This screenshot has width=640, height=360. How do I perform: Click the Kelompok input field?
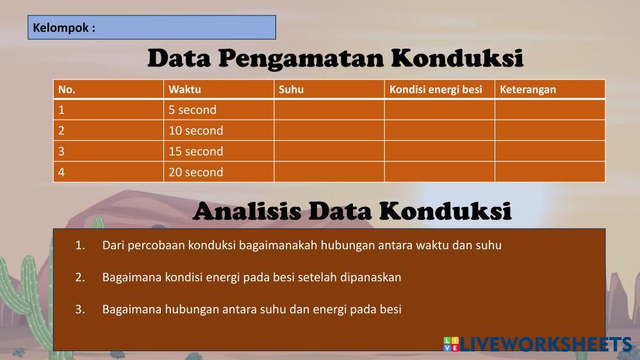click(152, 28)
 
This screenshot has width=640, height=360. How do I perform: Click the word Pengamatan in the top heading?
click(301, 58)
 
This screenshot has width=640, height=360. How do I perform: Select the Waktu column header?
click(218, 90)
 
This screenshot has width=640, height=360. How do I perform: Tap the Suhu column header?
click(329, 90)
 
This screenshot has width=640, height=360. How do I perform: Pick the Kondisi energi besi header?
click(439, 90)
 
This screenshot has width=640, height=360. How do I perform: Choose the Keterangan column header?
click(550, 90)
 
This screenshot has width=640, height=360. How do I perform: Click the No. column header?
click(108, 90)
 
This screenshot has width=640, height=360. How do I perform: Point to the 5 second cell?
click(218, 110)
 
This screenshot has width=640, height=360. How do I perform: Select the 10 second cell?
click(218, 131)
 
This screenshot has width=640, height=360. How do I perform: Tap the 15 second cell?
click(218, 151)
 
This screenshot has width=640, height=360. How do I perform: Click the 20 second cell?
click(218, 172)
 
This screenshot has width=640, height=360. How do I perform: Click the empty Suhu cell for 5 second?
click(329, 110)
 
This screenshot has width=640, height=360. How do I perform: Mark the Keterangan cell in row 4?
click(550, 172)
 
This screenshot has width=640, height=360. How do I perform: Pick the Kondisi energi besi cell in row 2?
click(439, 131)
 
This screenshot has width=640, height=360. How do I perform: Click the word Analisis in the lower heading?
click(247, 211)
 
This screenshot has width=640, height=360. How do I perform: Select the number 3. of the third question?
click(80, 309)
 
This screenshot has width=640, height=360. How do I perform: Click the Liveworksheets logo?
click(537, 344)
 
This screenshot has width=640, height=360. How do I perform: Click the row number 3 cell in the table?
click(108, 151)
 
